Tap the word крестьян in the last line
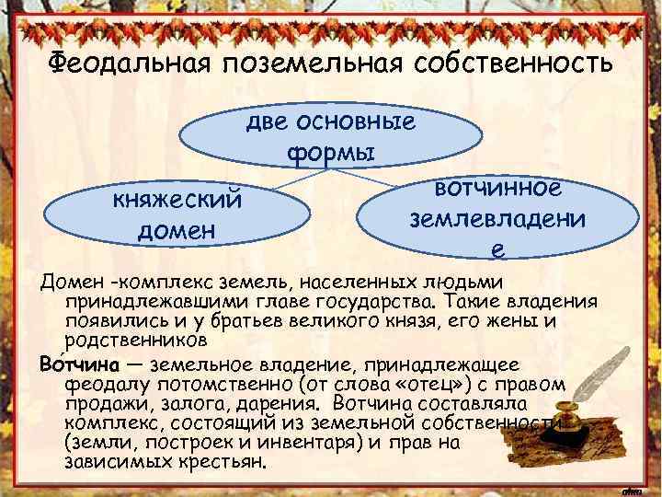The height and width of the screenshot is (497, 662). [x=220, y=461]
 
